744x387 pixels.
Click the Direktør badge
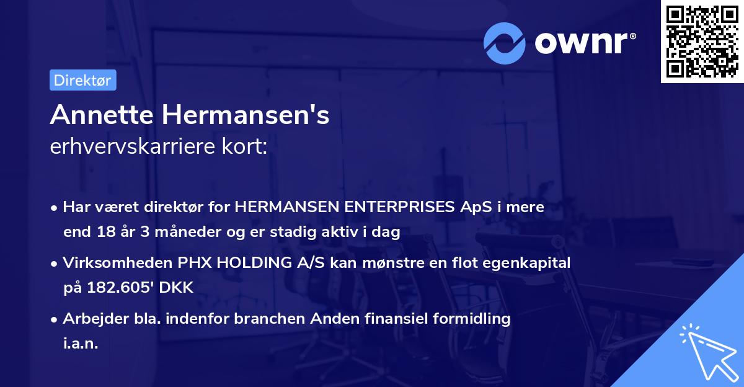[82, 80]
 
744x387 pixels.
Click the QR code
[701, 41]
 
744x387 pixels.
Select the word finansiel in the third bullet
[378, 319]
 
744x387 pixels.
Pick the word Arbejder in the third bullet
[91, 319]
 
